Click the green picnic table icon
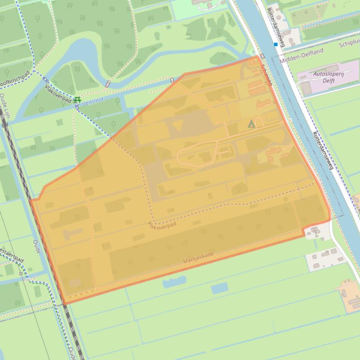(77, 100)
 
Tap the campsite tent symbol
(252, 124)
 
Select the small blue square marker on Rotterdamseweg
(276, 44)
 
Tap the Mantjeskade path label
(198, 257)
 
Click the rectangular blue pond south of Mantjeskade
(219, 288)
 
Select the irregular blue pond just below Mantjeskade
(174, 281)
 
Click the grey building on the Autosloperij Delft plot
(306, 88)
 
